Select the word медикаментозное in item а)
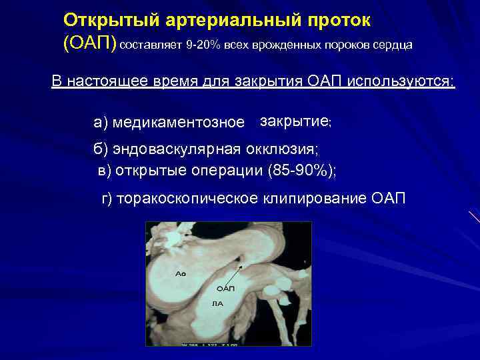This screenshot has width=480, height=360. [179, 123]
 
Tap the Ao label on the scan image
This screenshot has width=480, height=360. [180, 274]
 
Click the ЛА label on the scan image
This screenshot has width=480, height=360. [217, 303]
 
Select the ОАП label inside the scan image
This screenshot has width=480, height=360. [226, 289]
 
